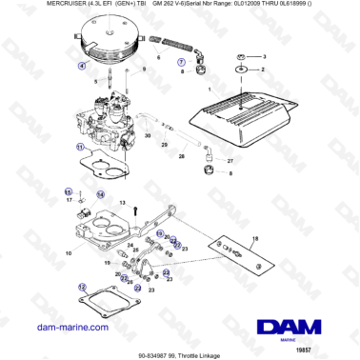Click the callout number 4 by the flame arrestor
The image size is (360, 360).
(x=82, y=66)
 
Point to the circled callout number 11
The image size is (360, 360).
(x=81, y=147)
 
